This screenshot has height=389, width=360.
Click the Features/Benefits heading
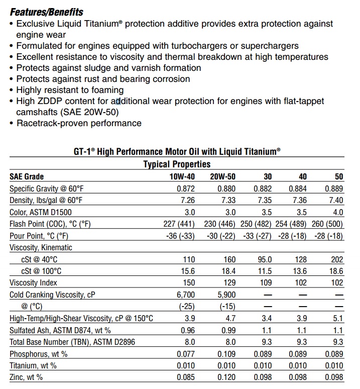[47, 12]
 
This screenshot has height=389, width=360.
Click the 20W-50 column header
[223, 177]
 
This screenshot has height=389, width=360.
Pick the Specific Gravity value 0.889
[334, 189]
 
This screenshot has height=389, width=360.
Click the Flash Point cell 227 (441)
[178, 224]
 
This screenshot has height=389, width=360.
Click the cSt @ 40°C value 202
[337, 260]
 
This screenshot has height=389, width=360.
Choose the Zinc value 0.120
[225, 377]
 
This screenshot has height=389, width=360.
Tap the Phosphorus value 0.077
[185, 354]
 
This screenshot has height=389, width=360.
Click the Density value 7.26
[186, 201]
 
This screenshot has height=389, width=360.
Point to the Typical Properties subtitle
[177, 164]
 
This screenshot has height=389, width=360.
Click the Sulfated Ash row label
[60, 331]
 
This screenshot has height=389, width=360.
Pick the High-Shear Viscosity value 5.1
[338, 319]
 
